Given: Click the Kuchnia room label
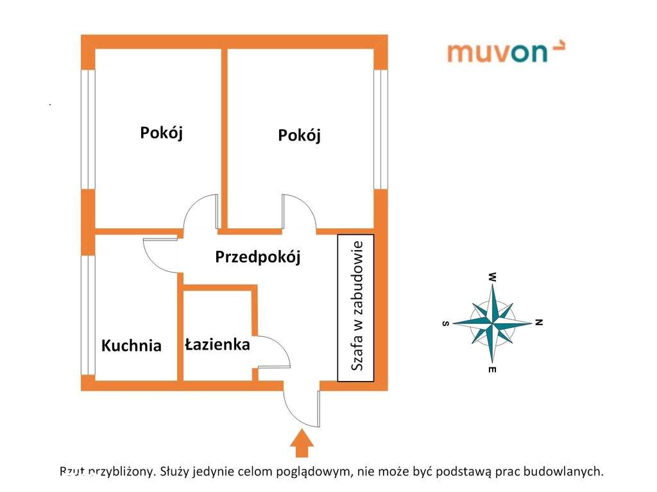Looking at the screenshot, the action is [x=131, y=345].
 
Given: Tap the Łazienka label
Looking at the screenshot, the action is [x=218, y=344].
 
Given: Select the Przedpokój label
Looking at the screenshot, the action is [x=258, y=257].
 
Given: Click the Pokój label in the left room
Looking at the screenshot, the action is [x=161, y=133].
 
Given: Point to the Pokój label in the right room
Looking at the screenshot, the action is [x=299, y=135].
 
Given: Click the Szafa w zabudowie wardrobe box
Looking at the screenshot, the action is [x=355, y=308].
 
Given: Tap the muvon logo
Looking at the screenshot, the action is [x=506, y=51].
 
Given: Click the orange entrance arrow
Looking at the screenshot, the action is [x=302, y=443].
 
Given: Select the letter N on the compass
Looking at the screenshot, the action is [x=539, y=322].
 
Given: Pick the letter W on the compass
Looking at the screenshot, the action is [x=493, y=277].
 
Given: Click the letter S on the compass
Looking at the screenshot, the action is [x=446, y=323].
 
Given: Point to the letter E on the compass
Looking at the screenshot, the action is [x=492, y=369].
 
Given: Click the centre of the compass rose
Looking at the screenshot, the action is [x=492, y=323].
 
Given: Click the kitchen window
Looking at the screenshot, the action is [x=88, y=315].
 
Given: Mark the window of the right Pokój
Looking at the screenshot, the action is [x=380, y=129].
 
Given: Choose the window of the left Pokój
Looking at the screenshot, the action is [x=88, y=129].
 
